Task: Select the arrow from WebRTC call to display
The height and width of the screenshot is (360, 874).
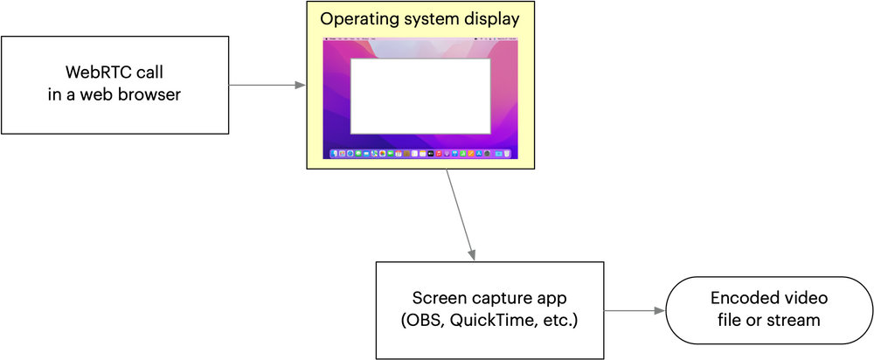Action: [267, 86]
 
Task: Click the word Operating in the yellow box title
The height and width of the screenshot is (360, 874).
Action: [356, 18]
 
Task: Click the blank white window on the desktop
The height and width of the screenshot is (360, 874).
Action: [420, 96]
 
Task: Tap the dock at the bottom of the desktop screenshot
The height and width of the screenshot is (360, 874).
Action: [420, 154]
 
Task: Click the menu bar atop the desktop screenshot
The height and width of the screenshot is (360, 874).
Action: [420, 40]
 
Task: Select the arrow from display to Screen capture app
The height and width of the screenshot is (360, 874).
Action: [461, 215]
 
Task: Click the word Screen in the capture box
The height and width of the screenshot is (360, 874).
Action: [436, 299]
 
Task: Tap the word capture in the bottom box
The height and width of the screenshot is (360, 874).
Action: [494, 299]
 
